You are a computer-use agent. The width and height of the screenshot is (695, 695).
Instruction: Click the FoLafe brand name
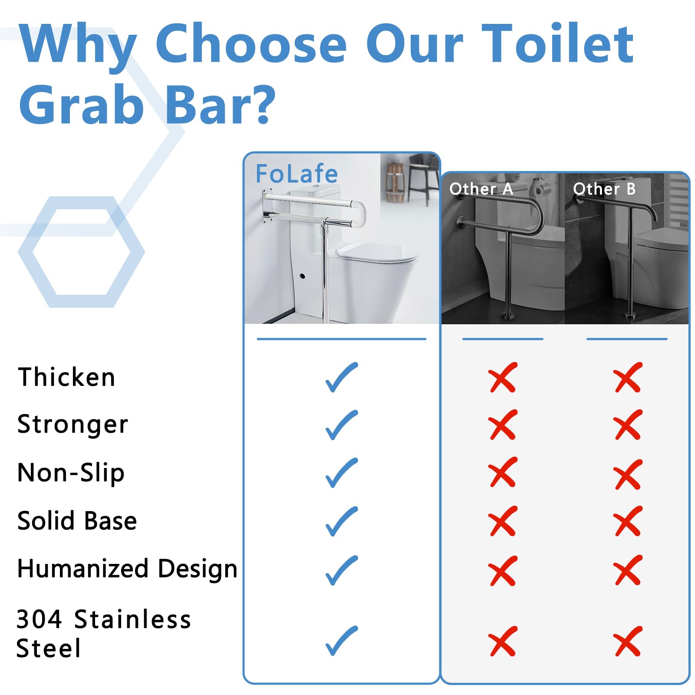coord(296,174)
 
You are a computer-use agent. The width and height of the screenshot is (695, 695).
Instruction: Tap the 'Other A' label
coord(481,189)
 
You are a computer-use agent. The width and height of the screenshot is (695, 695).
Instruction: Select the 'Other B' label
coord(604,189)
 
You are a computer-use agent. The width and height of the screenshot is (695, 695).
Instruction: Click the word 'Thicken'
coord(66,377)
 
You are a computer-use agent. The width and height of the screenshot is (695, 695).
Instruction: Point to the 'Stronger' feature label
coord(72,425)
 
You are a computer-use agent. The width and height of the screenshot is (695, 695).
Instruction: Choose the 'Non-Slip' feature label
coord(71,473)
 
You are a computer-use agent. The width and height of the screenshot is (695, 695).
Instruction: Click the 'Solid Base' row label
coord(77,520)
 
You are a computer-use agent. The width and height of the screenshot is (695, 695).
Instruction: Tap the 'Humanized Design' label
coord(127,569)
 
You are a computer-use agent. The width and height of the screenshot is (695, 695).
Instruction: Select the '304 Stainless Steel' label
coord(103,633)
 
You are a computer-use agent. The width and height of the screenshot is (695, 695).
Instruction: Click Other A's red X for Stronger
coord(503,425)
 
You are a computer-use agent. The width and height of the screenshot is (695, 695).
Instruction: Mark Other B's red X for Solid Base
coord(628,521)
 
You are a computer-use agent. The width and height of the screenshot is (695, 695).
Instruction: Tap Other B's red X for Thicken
coord(628,377)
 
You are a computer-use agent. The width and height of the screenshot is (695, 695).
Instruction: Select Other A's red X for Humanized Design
coord(503,570)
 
